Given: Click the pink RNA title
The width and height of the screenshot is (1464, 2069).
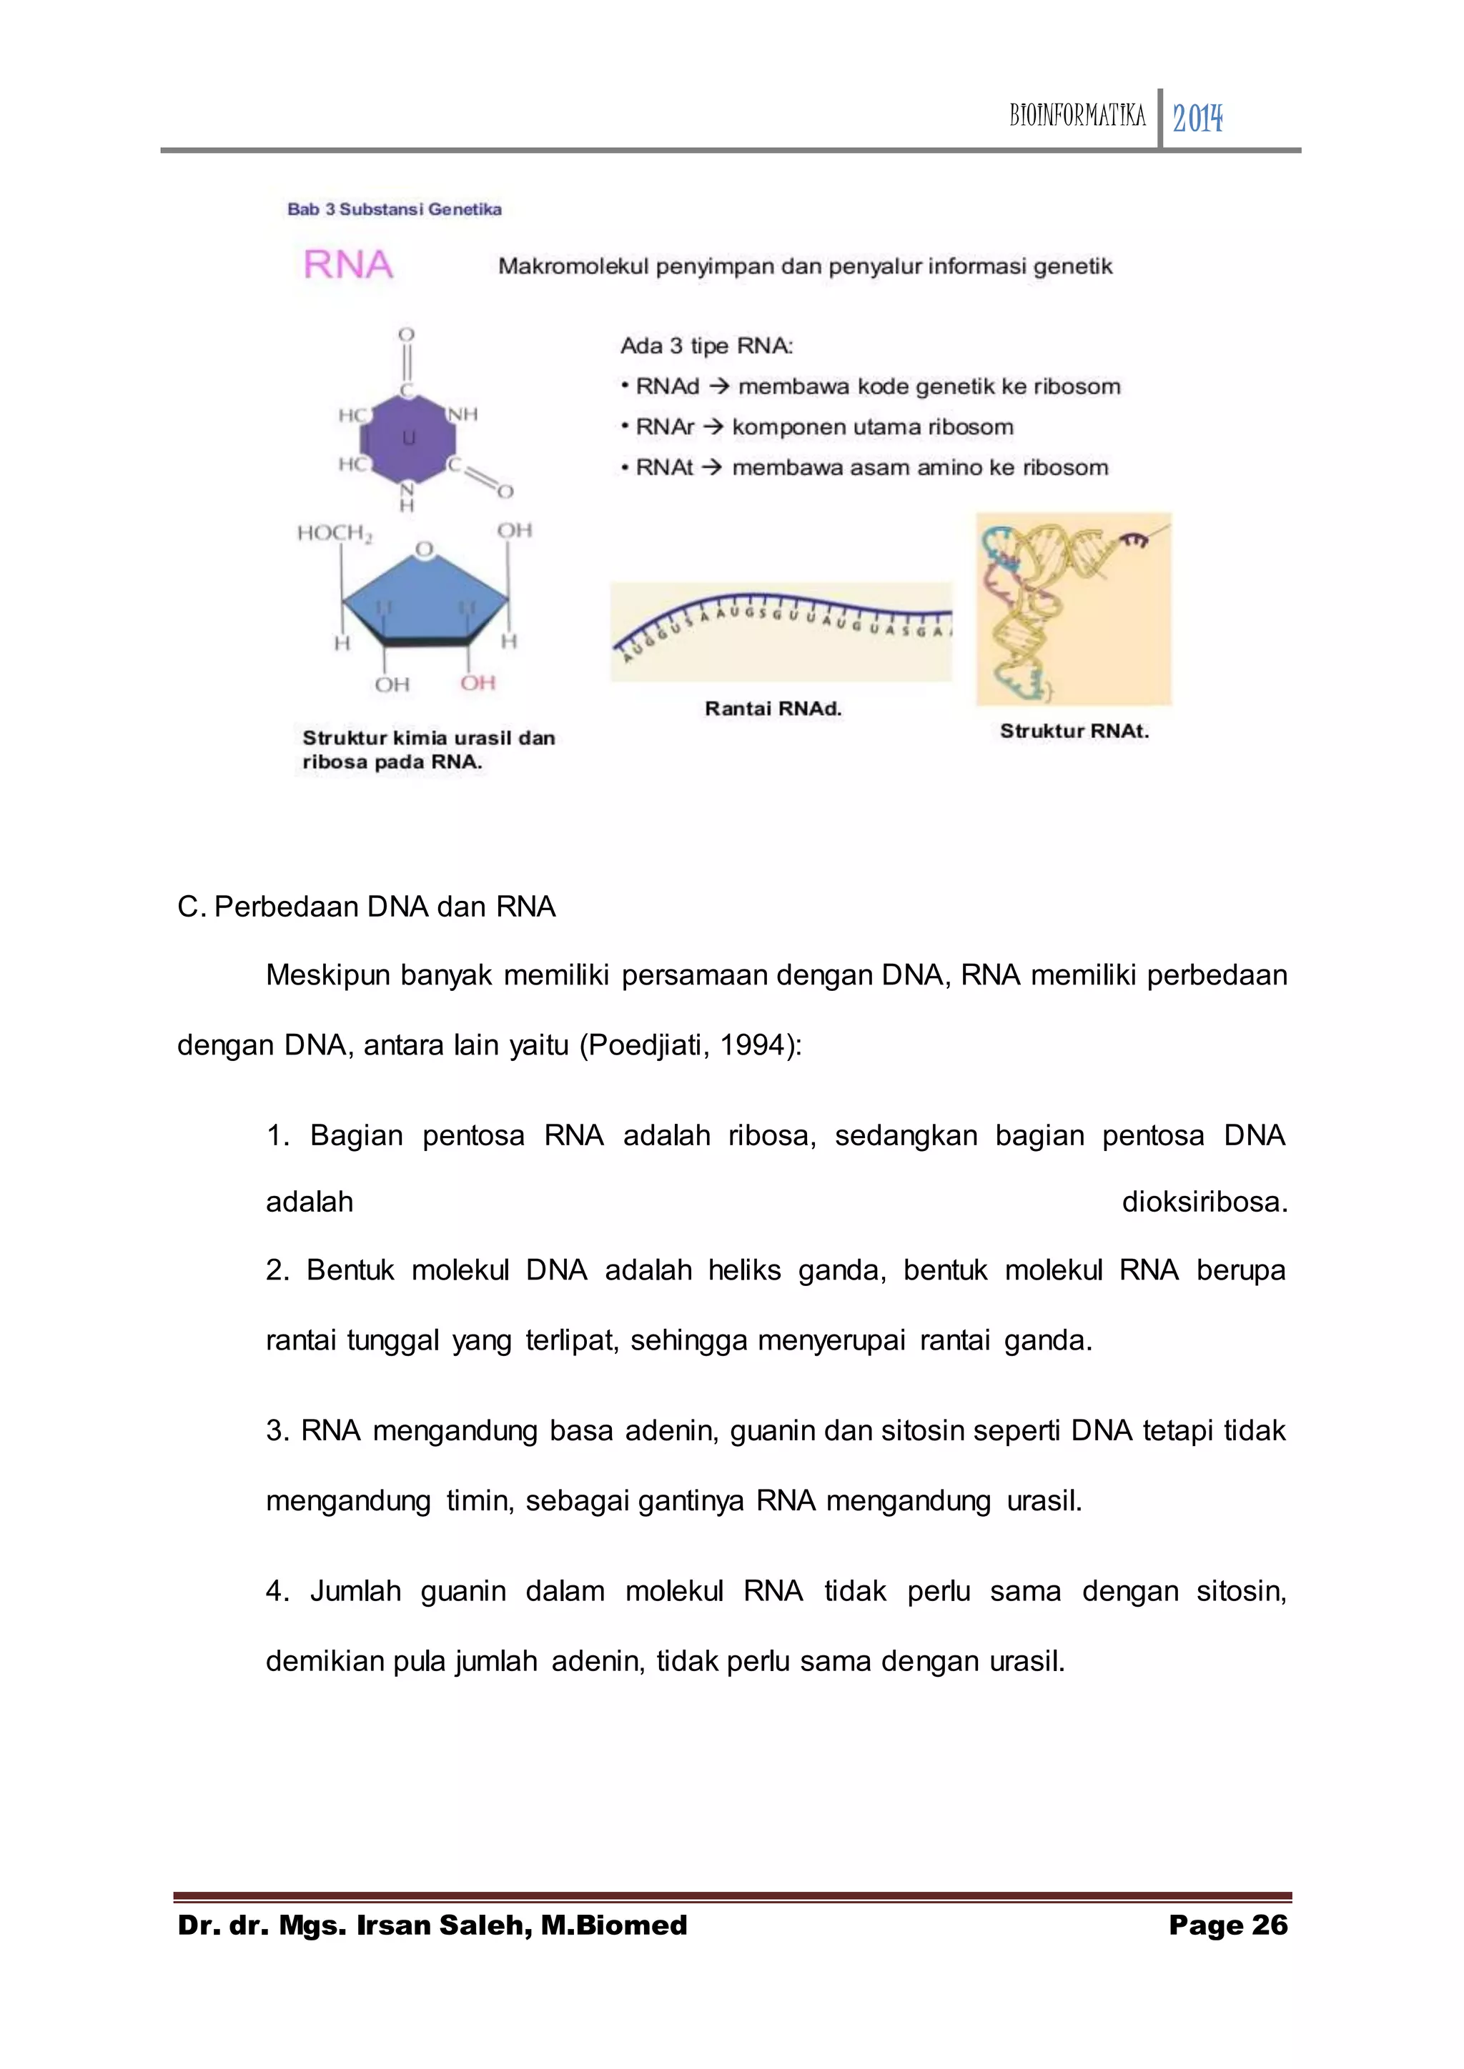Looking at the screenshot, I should pos(348,265).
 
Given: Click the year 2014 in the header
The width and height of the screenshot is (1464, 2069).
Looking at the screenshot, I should pos(1197,118).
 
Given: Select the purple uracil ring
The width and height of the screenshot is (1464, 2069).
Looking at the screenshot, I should pos(407,439).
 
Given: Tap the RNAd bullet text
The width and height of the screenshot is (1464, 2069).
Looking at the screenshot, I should pos(870,387).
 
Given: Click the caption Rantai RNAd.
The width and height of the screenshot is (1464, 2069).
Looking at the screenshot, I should pos(773,708).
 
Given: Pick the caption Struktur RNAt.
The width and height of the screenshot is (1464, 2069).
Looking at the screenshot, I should pos(1074,731).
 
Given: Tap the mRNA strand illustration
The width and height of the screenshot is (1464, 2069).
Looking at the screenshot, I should pos(781,631).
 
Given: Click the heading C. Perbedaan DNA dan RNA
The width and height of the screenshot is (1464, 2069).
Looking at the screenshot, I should pos(366,907).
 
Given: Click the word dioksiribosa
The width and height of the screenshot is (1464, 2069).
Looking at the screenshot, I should pos(1204,1202).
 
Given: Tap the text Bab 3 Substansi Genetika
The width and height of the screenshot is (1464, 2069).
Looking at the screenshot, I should pos(394,209).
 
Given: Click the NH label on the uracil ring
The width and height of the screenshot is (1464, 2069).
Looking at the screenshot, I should pos(463,414).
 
